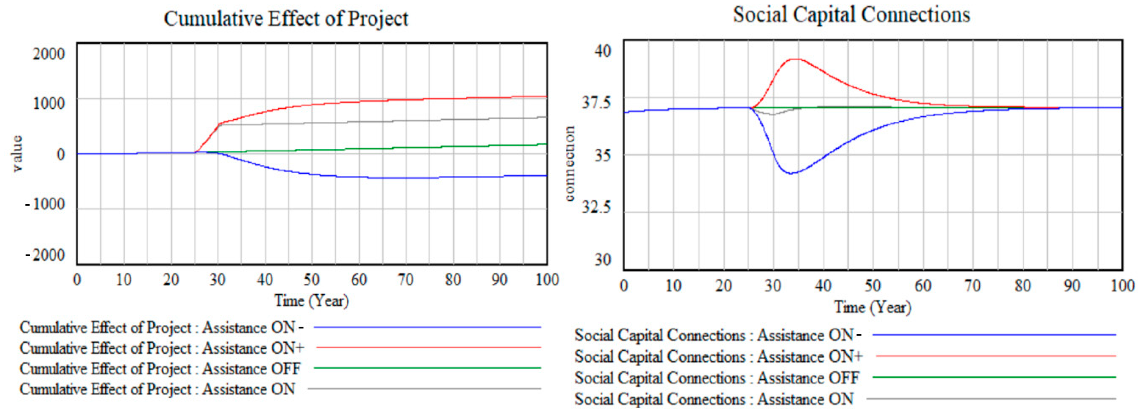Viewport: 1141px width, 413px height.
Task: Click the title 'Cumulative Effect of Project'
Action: pyautogui.click(x=286, y=19)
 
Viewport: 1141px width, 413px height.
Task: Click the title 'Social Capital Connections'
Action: pyautogui.click(x=851, y=15)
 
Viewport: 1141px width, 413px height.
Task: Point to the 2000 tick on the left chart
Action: pyautogui.click(x=49, y=54)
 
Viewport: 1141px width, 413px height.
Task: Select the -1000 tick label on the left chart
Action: pyautogui.click(x=45, y=204)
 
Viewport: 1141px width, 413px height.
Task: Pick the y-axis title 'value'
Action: pyautogui.click(x=17, y=154)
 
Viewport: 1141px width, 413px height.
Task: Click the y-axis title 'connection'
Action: pyautogui.click(x=570, y=164)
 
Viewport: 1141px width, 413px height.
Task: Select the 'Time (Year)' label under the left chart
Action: pyautogui.click(x=311, y=301)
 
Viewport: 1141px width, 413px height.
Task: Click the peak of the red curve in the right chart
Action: pyautogui.click(x=796, y=59)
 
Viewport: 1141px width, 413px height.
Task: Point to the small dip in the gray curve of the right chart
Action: pyautogui.click(x=773, y=115)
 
